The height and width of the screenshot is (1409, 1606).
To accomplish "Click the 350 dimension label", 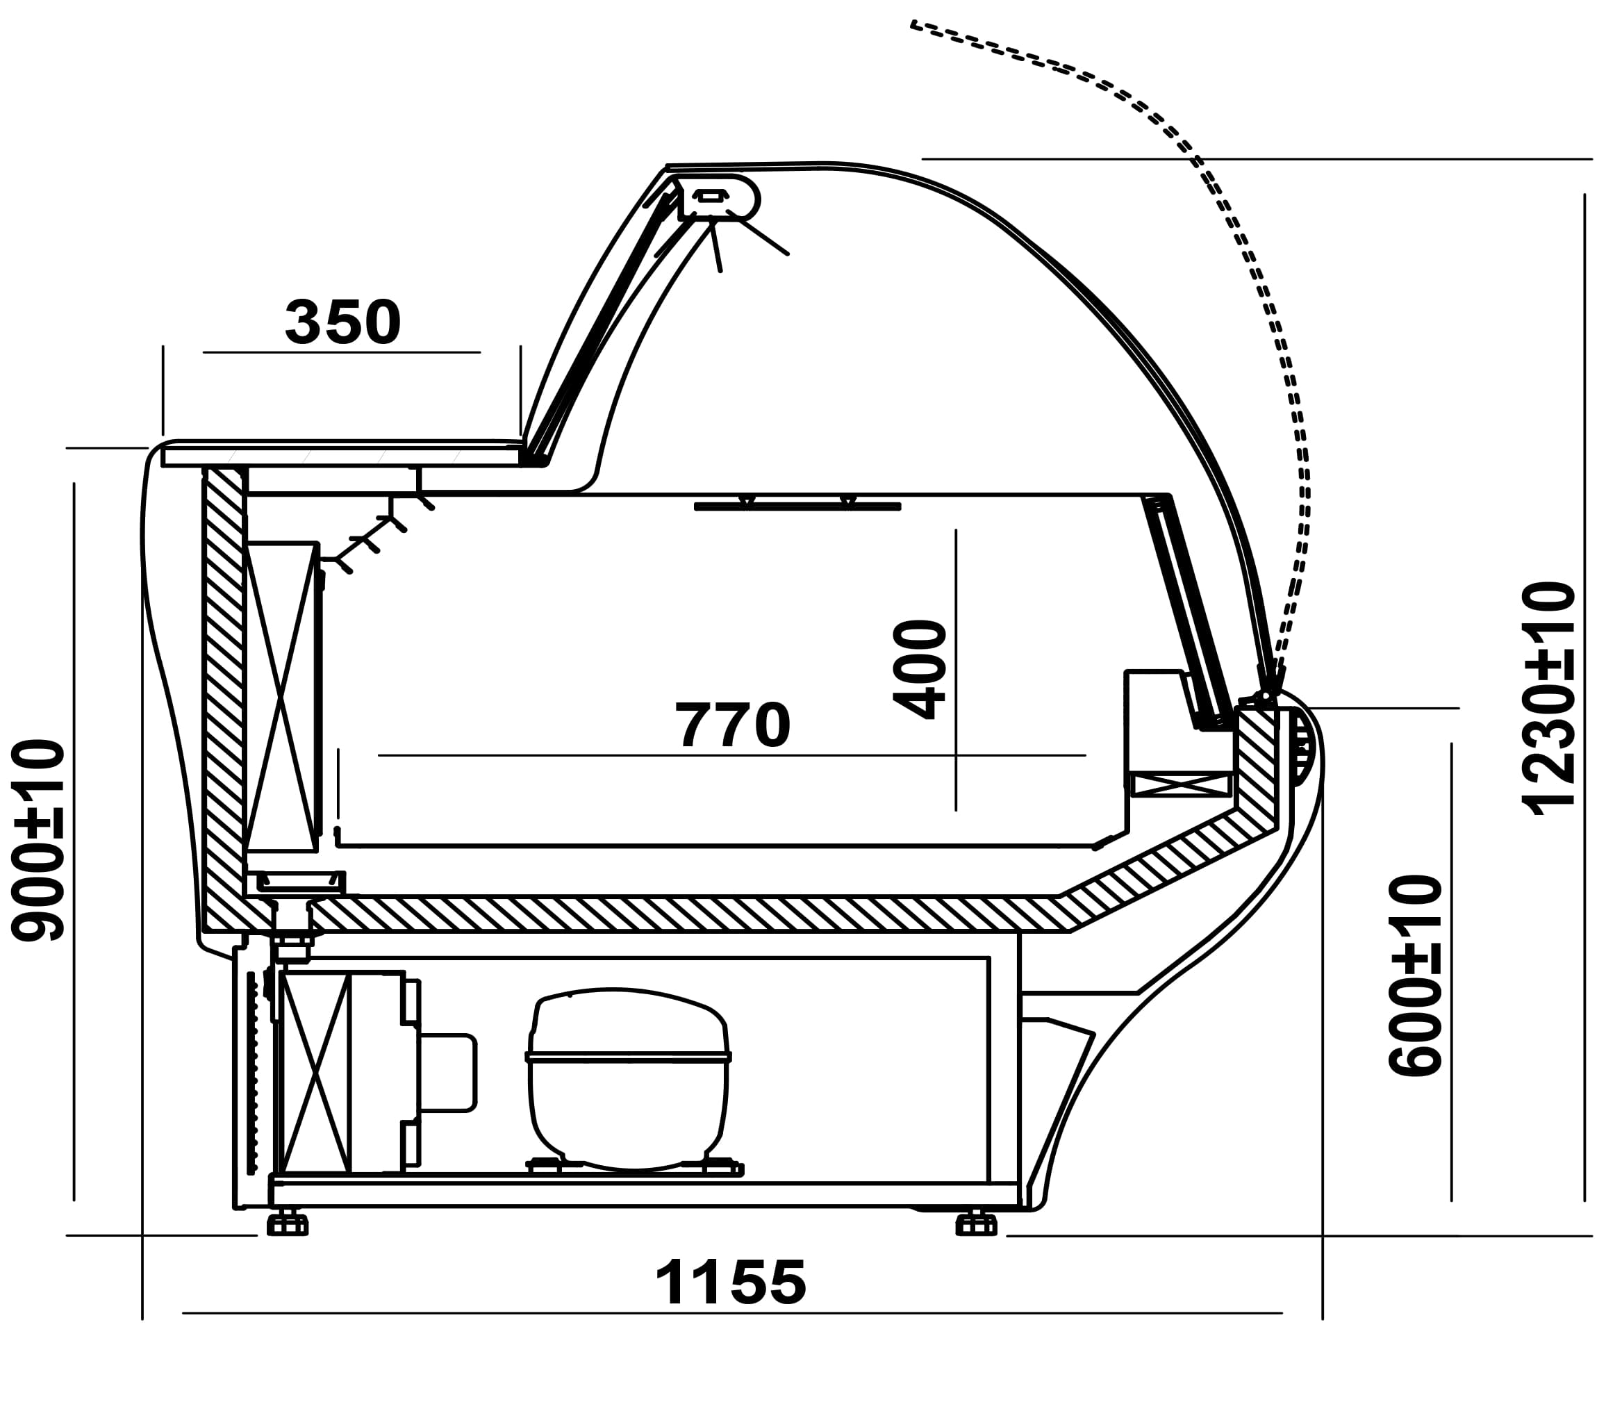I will click(x=342, y=322).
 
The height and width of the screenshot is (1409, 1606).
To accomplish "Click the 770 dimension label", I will click(x=732, y=725).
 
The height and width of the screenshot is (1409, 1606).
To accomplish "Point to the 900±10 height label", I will click(x=37, y=839).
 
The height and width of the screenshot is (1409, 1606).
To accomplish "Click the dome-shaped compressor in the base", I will click(x=629, y=1078).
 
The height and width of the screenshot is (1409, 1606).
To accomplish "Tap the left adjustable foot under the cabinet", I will click(x=288, y=1224).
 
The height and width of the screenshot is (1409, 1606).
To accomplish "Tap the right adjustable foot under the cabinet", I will click(x=976, y=1224).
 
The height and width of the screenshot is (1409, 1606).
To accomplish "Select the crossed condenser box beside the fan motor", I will click(x=314, y=1072).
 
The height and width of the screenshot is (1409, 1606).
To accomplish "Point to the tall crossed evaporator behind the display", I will click(x=281, y=696).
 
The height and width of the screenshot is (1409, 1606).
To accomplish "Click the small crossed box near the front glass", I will click(x=1179, y=784).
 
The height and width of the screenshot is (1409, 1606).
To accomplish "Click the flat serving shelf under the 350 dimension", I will click(x=342, y=455).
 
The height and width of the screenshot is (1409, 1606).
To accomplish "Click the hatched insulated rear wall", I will click(x=223, y=691).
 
